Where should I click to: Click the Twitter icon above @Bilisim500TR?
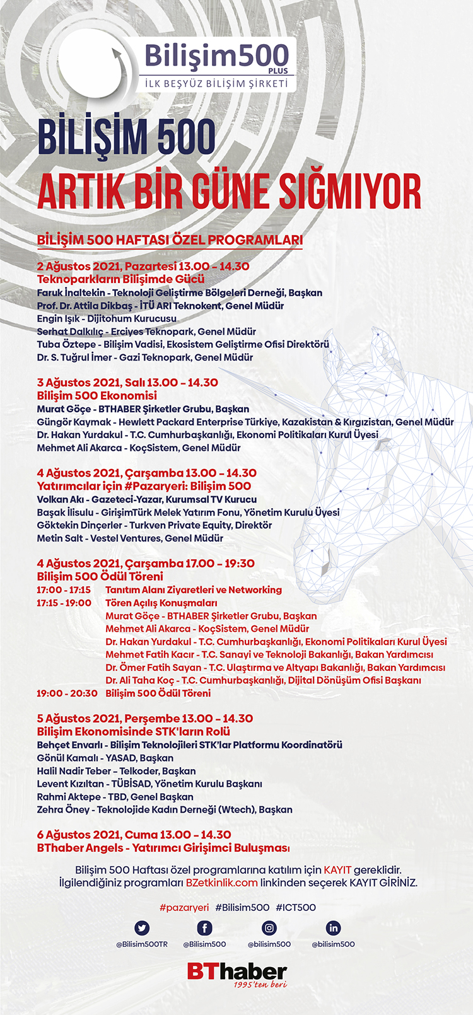(142, 928)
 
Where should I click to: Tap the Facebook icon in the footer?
(204, 928)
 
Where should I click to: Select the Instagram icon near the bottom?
(269, 928)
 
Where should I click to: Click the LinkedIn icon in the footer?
(333, 928)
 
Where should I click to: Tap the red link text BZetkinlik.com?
(221, 883)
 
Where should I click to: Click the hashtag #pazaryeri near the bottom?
(184, 907)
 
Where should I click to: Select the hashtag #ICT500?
(296, 907)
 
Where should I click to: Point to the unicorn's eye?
(383, 443)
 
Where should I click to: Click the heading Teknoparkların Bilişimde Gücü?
(120, 279)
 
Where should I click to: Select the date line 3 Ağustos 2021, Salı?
(127, 383)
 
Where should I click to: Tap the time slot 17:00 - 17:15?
(64, 590)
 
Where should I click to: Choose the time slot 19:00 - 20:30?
(67, 693)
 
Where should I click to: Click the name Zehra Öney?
(63, 809)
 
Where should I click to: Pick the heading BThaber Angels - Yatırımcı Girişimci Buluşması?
(163, 848)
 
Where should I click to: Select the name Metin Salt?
(60, 538)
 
